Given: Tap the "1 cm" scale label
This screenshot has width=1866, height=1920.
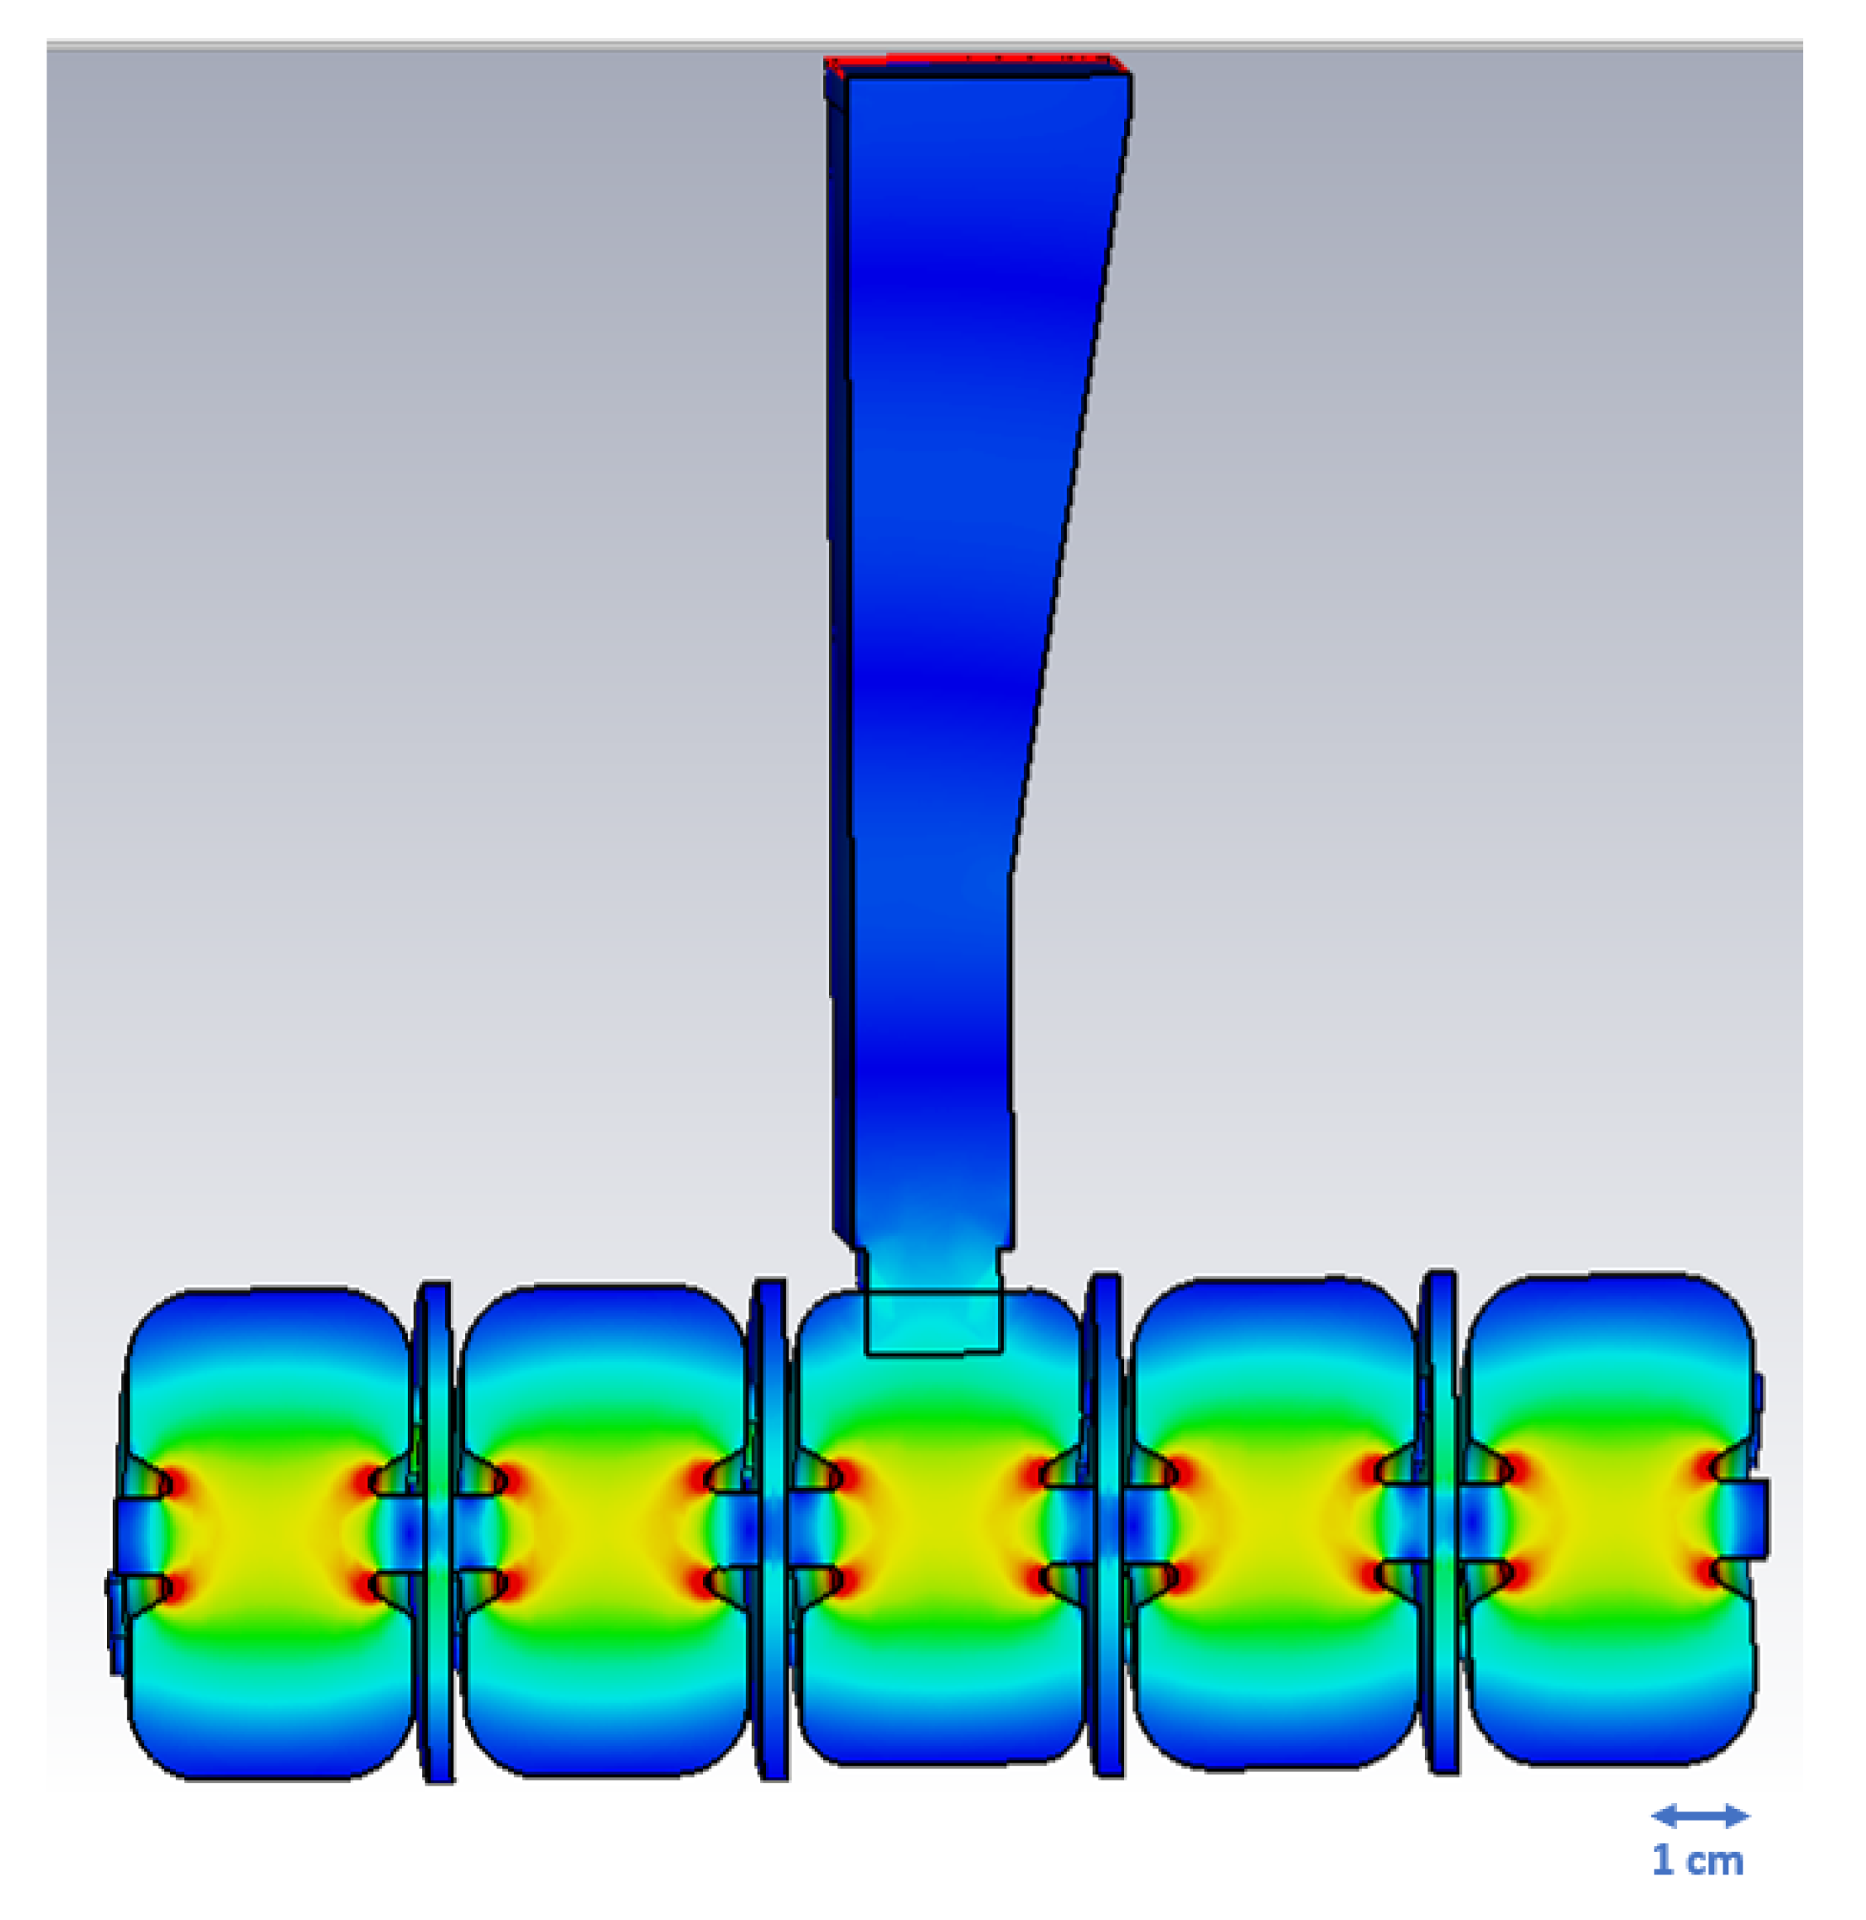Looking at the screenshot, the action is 1699,1860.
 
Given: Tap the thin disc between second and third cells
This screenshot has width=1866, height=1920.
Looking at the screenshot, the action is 770,1528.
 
